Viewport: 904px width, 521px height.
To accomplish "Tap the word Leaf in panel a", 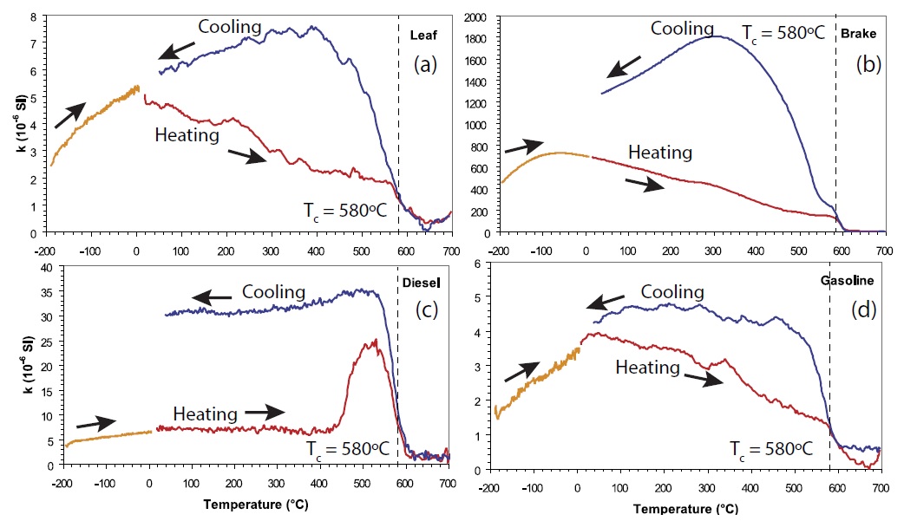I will coord(422,36).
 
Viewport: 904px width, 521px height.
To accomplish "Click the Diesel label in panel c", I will coord(423,282).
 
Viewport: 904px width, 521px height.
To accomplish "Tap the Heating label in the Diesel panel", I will coord(205,414).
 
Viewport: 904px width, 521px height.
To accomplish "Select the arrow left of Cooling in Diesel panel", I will coord(212,297).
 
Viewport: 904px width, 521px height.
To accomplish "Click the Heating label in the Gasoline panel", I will coord(647,368).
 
